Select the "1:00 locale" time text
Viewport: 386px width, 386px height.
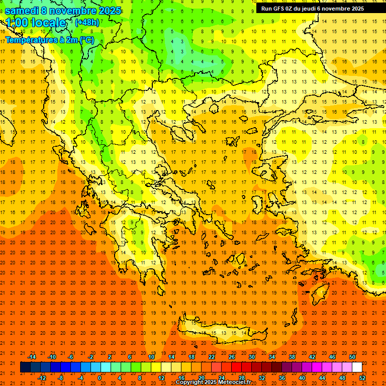coord(35,23)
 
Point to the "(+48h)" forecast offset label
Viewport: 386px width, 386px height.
coord(87,23)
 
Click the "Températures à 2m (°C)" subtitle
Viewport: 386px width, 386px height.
coord(49,39)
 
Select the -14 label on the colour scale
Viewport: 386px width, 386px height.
coord(32,357)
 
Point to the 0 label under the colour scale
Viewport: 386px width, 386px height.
coord(100,378)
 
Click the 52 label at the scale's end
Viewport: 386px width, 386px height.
coord(362,378)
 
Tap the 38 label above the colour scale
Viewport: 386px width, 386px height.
coord(292,357)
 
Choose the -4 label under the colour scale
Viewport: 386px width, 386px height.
coord(80,378)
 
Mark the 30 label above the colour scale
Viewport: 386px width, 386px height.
coord(251,357)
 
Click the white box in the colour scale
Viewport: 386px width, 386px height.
coord(357,367)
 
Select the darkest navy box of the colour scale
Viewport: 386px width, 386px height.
coord(25,367)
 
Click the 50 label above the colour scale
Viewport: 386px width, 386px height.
coord(352,357)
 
